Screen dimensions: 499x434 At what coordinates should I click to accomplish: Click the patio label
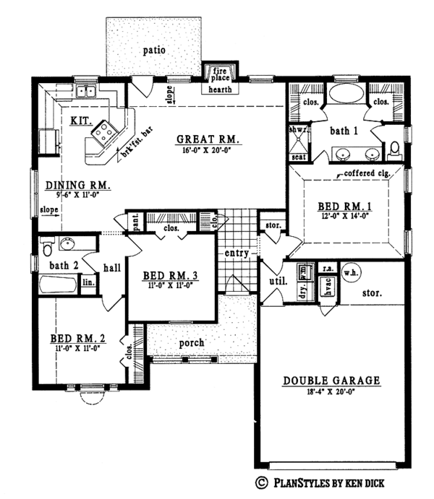154,51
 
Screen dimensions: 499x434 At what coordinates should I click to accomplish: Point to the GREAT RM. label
209,139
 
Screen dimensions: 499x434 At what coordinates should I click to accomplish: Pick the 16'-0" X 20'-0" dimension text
209,149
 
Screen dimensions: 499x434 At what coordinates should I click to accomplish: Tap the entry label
237,253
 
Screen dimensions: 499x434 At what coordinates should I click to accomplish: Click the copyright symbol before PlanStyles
259,482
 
